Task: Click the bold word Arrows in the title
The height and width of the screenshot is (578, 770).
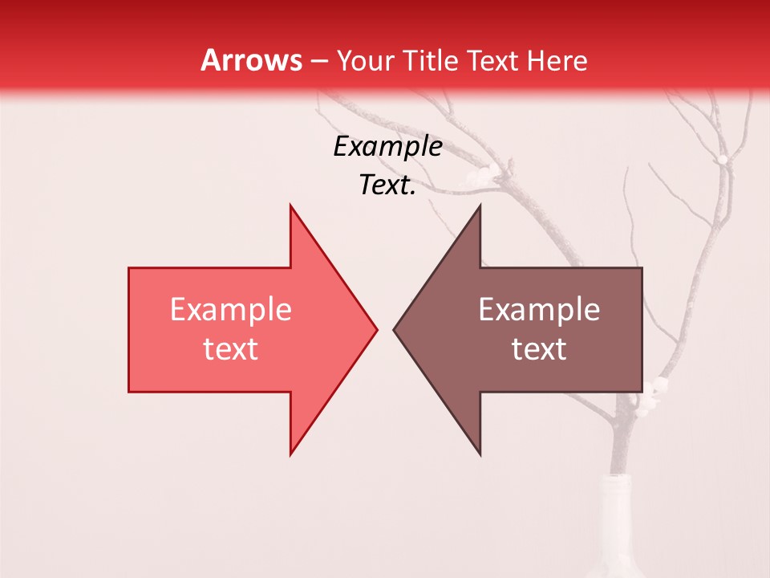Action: point(250,60)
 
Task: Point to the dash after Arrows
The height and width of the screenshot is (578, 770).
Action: point(318,61)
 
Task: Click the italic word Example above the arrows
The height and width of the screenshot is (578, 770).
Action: point(387,147)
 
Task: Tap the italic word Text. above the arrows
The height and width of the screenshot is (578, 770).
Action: point(387,185)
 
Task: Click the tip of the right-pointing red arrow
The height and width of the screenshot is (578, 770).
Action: point(376,329)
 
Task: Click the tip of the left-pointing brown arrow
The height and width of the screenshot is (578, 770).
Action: point(394,329)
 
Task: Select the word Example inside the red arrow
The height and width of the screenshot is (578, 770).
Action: point(230,310)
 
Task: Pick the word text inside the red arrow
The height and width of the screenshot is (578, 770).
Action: point(230,349)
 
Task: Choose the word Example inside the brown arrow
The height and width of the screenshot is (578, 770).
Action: point(539,310)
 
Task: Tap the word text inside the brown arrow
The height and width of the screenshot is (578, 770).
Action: point(539,349)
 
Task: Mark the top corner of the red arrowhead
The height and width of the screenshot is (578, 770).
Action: point(290,206)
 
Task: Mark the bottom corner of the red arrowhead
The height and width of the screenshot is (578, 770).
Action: point(290,454)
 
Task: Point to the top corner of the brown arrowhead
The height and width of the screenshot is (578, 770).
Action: point(480,206)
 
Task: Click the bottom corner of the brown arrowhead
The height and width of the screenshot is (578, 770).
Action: point(480,454)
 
